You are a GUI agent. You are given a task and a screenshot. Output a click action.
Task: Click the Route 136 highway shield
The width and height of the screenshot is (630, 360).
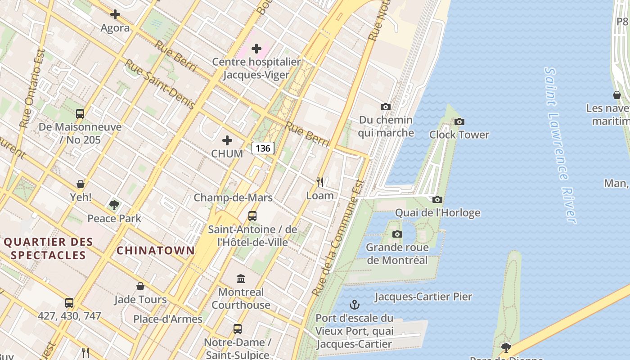[263, 148]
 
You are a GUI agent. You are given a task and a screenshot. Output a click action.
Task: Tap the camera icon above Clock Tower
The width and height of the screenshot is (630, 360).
[459, 121]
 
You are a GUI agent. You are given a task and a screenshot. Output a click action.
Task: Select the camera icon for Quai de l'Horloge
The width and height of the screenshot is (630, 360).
[437, 199]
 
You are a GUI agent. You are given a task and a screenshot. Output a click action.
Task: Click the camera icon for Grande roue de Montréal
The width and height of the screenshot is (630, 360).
[397, 234]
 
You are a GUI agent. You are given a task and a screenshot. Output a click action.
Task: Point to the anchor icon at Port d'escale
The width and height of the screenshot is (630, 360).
[355, 305]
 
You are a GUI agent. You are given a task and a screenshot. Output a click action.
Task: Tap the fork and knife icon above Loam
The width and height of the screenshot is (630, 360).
[320, 182]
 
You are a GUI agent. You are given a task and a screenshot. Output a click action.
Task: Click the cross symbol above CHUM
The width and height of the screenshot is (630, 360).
[227, 140]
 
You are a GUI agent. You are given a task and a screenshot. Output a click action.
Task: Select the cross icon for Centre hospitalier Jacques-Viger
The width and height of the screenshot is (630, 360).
[256, 49]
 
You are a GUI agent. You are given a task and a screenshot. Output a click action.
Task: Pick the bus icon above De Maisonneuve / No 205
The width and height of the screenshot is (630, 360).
[80, 114]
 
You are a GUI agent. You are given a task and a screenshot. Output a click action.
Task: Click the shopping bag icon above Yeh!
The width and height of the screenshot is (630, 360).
[81, 184]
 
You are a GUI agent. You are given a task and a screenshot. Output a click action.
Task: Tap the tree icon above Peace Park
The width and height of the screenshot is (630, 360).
[114, 205]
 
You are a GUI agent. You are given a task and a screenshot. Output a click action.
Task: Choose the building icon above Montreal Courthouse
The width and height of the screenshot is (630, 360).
[241, 279]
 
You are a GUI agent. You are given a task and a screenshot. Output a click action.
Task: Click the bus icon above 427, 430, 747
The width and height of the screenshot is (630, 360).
[69, 302]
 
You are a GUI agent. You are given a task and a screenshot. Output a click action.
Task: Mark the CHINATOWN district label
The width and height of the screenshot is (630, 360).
[156, 251]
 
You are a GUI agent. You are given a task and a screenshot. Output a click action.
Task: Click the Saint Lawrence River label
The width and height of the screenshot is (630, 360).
[560, 145]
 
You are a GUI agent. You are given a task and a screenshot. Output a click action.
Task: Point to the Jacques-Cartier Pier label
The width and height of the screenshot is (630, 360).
[423, 297]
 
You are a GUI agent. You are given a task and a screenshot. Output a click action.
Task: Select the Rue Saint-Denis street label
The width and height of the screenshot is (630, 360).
[159, 85]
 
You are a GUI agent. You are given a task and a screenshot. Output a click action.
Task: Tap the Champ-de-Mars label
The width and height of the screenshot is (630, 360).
[233, 198]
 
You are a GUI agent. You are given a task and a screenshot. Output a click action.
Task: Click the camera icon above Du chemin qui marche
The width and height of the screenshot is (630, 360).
[386, 107]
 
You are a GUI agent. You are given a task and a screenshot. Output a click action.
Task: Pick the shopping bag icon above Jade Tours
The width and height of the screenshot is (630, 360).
[140, 286]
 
